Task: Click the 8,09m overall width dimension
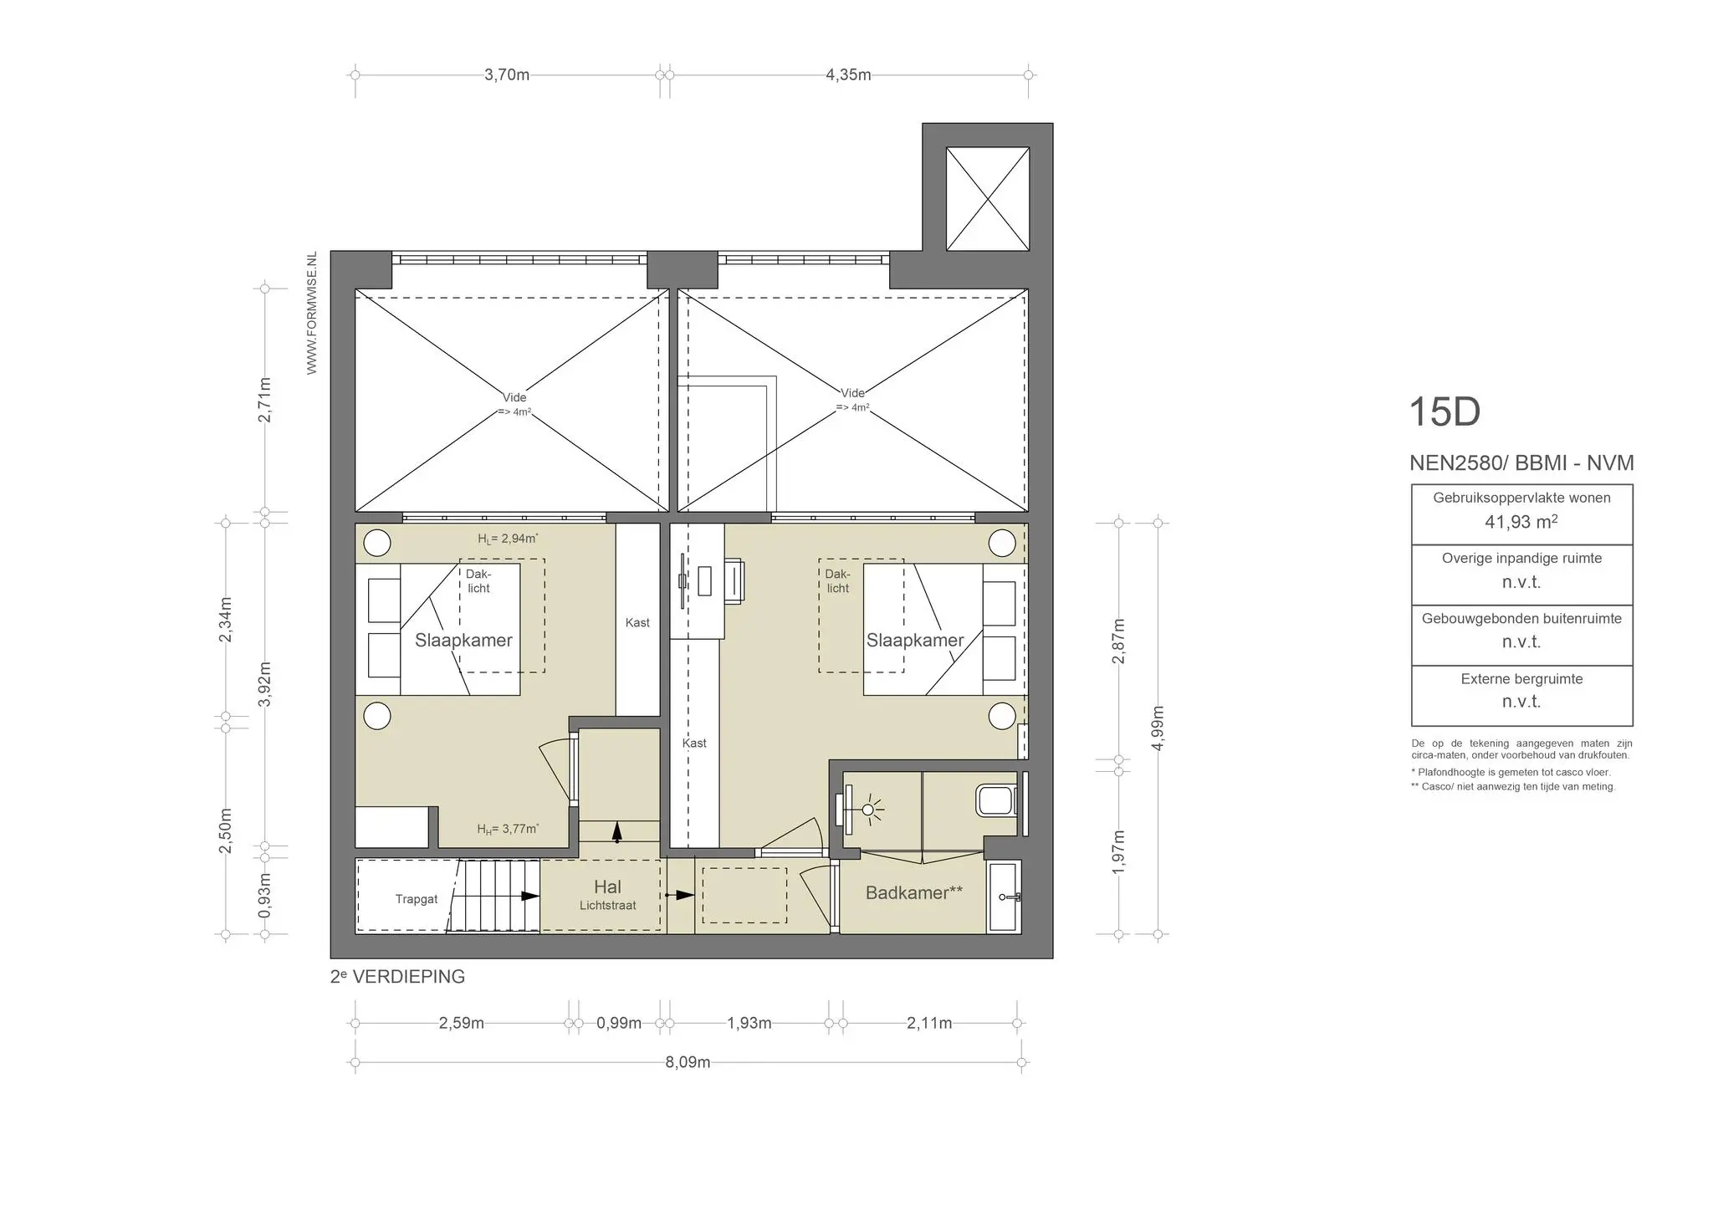point(688,1062)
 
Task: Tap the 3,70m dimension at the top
point(507,74)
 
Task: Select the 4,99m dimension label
point(1158,728)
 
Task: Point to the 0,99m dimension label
point(619,1023)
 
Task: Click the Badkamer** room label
point(913,892)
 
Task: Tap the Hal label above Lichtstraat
point(607,887)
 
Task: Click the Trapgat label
point(416,899)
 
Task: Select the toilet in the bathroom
point(995,800)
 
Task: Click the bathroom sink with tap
point(1003,897)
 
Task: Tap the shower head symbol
point(868,810)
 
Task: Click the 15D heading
point(1445,411)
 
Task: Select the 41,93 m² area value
point(1521,522)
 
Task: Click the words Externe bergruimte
point(1521,679)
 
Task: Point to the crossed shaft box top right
point(987,198)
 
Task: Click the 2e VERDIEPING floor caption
point(397,976)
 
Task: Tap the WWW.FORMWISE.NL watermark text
point(312,313)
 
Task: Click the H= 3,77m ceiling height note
point(508,829)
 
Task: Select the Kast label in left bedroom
point(637,622)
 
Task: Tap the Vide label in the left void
point(514,397)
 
